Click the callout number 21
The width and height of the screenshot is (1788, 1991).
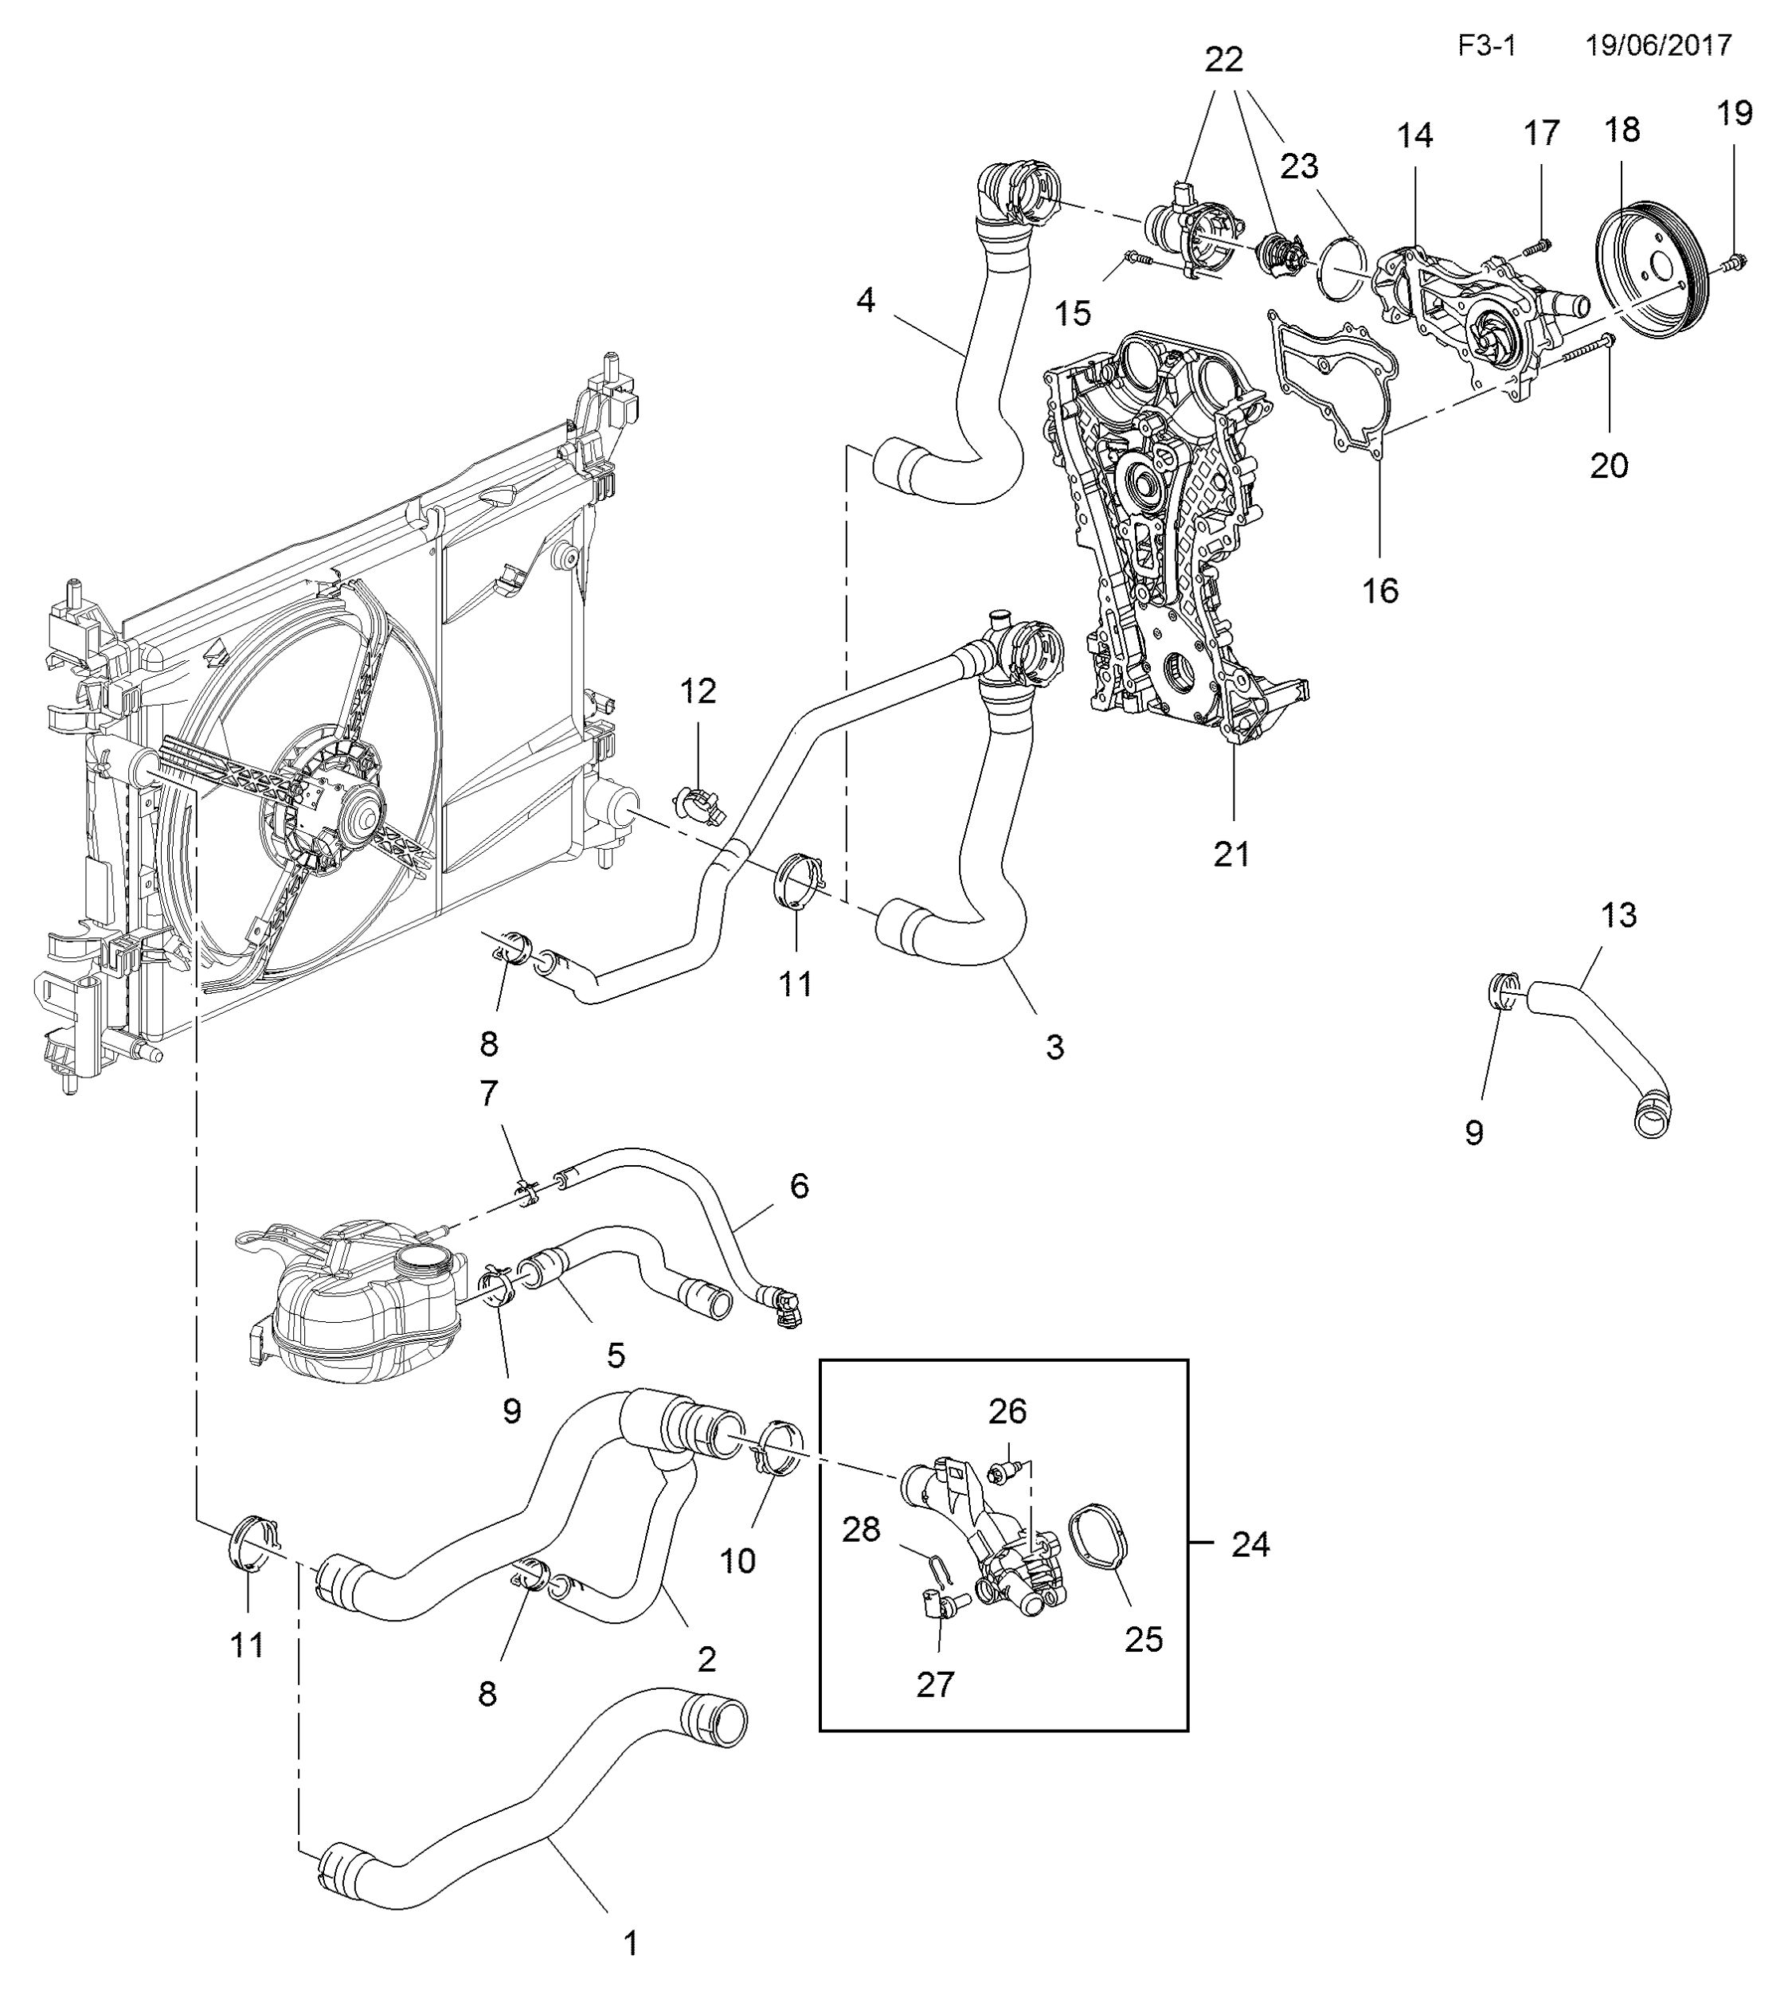pyautogui.click(x=1231, y=854)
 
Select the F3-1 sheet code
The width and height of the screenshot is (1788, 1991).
pyautogui.click(x=1486, y=45)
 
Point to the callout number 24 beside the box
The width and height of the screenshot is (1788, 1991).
pyautogui.click(x=1250, y=1545)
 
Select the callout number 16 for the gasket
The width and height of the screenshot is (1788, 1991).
pyautogui.click(x=1379, y=590)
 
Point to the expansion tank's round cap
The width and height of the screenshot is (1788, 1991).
pyautogui.click(x=425, y=1258)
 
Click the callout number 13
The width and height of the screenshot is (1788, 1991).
pyautogui.click(x=1619, y=914)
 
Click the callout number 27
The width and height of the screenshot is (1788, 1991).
pyautogui.click(x=934, y=1684)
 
